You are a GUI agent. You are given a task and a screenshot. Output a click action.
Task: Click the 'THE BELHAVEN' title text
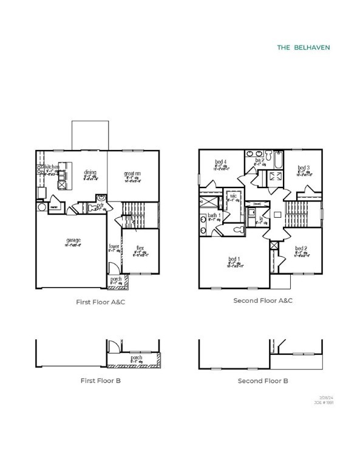tap(304, 46)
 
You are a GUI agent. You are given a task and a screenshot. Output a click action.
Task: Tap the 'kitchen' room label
tap(51, 166)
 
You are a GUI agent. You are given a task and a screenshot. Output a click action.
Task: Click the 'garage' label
tap(74, 240)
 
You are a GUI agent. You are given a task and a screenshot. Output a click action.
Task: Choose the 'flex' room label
tap(140, 248)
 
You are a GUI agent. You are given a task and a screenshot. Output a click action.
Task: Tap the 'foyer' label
tap(114, 247)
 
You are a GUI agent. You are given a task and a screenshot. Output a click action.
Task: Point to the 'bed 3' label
tap(304, 167)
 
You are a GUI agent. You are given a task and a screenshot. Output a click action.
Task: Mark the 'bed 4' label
tap(220, 162)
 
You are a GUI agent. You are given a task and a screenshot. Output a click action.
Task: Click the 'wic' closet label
tap(232, 195)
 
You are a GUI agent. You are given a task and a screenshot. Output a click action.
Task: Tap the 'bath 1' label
tap(214, 215)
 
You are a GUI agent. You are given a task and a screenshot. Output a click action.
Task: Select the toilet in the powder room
tap(101, 198)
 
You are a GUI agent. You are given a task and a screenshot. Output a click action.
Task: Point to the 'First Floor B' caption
tap(104, 380)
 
